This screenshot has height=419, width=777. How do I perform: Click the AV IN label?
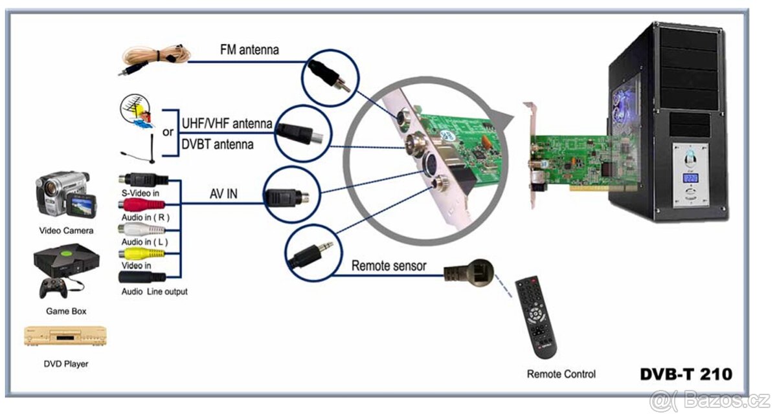click(x=225, y=193)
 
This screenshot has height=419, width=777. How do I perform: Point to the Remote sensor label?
click(x=389, y=266)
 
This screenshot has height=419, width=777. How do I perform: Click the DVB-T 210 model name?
click(x=686, y=374)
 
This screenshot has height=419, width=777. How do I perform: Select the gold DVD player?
click(x=65, y=336)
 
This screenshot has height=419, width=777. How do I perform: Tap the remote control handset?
click(x=535, y=317)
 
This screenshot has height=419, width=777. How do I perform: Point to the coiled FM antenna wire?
click(x=155, y=54)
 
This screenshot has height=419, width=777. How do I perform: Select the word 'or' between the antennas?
click(x=168, y=132)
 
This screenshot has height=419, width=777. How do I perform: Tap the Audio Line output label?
click(x=154, y=292)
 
